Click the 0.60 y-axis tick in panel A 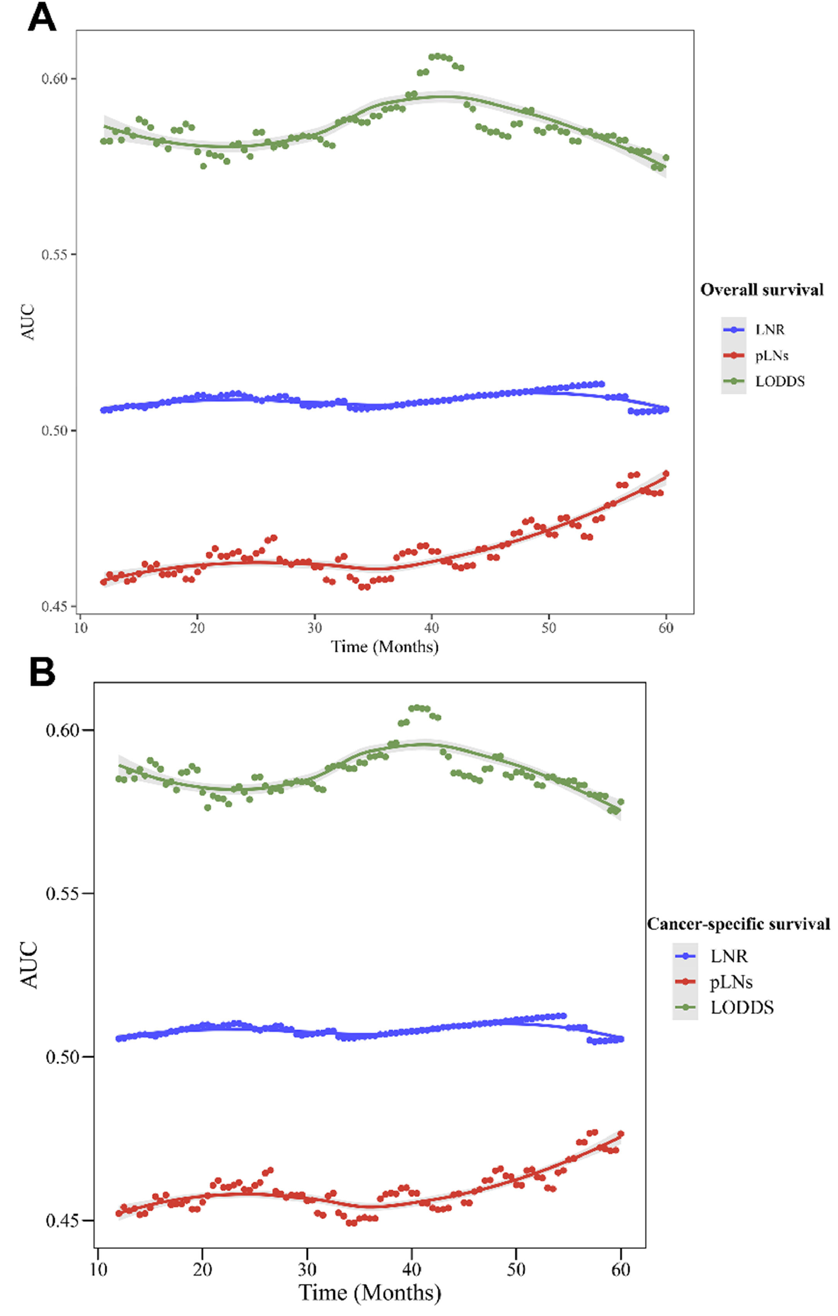[55, 79]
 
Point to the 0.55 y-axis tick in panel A [55, 255]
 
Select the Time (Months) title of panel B [370, 1292]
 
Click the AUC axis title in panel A [28, 323]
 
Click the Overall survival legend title [761, 290]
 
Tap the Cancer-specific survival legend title [738, 924]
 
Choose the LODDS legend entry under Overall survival [780, 381]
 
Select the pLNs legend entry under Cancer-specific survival [730, 982]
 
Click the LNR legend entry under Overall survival [770, 330]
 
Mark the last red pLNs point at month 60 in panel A [666, 474]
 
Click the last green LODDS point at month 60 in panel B [620, 802]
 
